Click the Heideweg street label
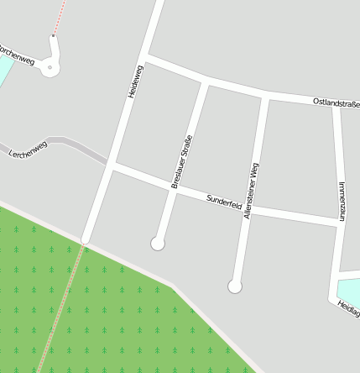point(136,81)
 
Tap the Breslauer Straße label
point(182,160)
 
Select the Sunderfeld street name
point(224,201)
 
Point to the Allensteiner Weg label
point(250,191)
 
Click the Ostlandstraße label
point(335,102)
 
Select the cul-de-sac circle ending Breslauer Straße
point(157,244)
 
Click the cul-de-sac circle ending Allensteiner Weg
point(235,286)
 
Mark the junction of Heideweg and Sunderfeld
point(111,165)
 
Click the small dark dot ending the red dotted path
point(54,35)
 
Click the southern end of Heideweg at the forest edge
point(84,242)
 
